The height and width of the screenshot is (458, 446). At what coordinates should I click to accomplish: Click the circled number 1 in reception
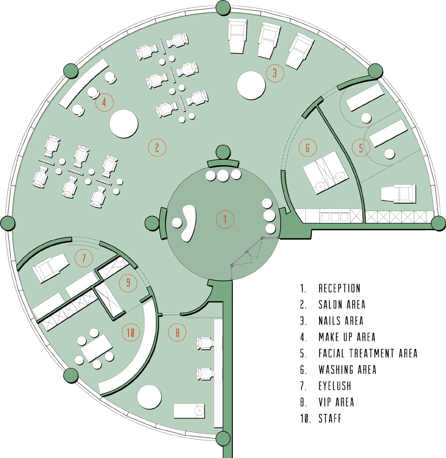tap(225, 219)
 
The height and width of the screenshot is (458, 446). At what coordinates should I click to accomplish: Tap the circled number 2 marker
tap(157, 148)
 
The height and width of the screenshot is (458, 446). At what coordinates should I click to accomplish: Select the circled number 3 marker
tap(275, 73)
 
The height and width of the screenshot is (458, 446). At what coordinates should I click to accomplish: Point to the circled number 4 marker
tap(104, 102)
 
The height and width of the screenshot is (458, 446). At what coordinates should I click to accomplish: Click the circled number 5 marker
tap(361, 148)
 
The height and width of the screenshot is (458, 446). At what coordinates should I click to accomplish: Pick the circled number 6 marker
tap(308, 148)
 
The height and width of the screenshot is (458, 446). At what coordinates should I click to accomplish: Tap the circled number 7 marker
tap(84, 258)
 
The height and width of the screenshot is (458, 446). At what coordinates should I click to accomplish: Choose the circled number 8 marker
tap(177, 332)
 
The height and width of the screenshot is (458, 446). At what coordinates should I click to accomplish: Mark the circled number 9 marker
tap(128, 283)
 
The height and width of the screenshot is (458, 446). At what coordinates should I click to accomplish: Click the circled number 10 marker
tap(131, 332)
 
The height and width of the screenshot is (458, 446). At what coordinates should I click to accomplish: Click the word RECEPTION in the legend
tap(339, 289)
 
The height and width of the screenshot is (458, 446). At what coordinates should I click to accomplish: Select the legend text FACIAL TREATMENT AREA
tap(368, 353)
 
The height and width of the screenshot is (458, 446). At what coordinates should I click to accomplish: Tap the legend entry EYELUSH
tap(334, 386)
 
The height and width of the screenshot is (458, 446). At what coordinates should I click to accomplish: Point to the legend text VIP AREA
tap(336, 402)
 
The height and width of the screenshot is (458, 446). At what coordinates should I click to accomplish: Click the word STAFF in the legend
tap(330, 418)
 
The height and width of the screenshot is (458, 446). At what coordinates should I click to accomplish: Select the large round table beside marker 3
tap(251, 85)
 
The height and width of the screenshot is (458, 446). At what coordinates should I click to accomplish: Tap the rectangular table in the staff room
tap(96, 348)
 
